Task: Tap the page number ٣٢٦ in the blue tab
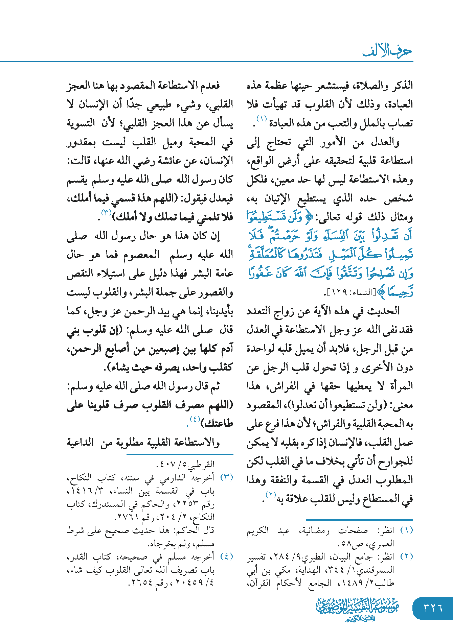pyautogui.click(x=433, y=608)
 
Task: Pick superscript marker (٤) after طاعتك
pyautogui.click(x=195, y=420)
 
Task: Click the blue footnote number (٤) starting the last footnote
pyautogui.click(x=226, y=557)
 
